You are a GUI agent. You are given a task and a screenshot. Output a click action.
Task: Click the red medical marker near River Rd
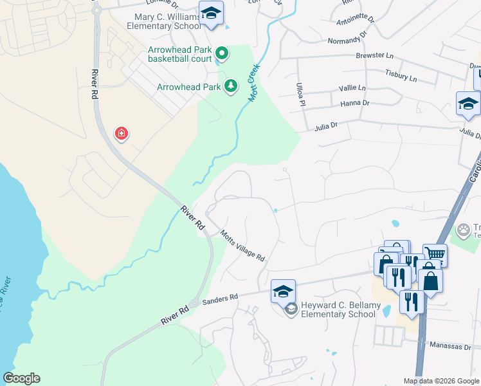pyautogui.click(x=121, y=134)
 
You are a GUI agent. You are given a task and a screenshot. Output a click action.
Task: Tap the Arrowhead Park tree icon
pyautogui.click(x=230, y=86)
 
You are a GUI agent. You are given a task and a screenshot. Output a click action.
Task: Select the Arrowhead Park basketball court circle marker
pyautogui.click(x=221, y=53)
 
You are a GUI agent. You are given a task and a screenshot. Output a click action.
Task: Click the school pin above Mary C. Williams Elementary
pyautogui.click(x=210, y=14)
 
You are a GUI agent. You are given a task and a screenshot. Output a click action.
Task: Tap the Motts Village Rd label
pyautogui.click(x=242, y=246)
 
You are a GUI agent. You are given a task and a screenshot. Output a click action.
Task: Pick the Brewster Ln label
pyautogui.click(x=374, y=56)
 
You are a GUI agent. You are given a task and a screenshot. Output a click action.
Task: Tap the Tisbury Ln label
pyautogui.click(x=401, y=76)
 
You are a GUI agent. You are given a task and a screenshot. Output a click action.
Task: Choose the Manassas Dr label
pyautogui.click(x=451, y=345)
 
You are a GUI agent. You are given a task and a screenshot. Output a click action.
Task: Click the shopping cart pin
pyautogui.click(x=435, y=254)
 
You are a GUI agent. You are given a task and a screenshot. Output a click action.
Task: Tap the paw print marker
pyautogui.click(x=463, y=229)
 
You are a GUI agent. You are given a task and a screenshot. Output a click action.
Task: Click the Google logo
pyautogui.click(x=21, y=378)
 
